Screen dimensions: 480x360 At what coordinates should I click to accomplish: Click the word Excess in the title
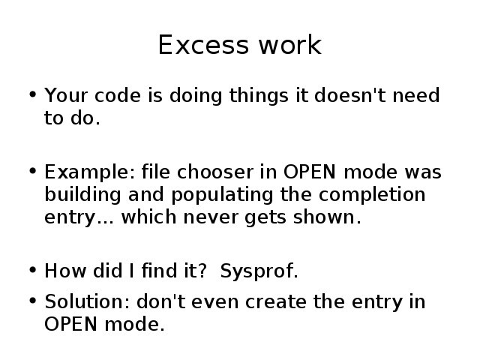tap(203, 45)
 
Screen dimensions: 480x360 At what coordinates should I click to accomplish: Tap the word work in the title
tap(290, 44)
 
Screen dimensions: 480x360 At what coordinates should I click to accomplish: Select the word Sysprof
tap(259, 271)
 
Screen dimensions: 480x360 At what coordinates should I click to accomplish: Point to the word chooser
tap(215, 172)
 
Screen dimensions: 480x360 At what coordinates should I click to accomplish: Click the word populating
tap(222, 195)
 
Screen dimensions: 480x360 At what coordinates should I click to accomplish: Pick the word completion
tap(372, 195)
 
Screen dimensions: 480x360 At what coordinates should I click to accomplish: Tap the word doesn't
tap(350, 95)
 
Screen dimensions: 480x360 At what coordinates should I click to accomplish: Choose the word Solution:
tap(87, 301)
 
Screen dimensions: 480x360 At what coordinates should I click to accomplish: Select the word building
tap(82, 195)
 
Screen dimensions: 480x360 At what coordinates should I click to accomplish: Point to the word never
tap(210, 217)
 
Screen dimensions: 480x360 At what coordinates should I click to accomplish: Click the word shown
tap(327, 217)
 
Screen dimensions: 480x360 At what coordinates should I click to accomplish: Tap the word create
tap(276, 301)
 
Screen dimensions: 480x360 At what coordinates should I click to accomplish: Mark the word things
tap(259, 96)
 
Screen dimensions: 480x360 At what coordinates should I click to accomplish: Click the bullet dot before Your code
tap(33, 94)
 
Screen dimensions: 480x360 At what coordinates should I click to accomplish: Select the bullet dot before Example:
tap(33, 171)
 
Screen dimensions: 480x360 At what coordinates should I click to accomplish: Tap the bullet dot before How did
tap(33, 270)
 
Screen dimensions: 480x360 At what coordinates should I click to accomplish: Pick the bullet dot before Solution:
tap(33, 301)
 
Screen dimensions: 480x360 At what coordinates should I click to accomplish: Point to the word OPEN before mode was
tap(310, 172)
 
